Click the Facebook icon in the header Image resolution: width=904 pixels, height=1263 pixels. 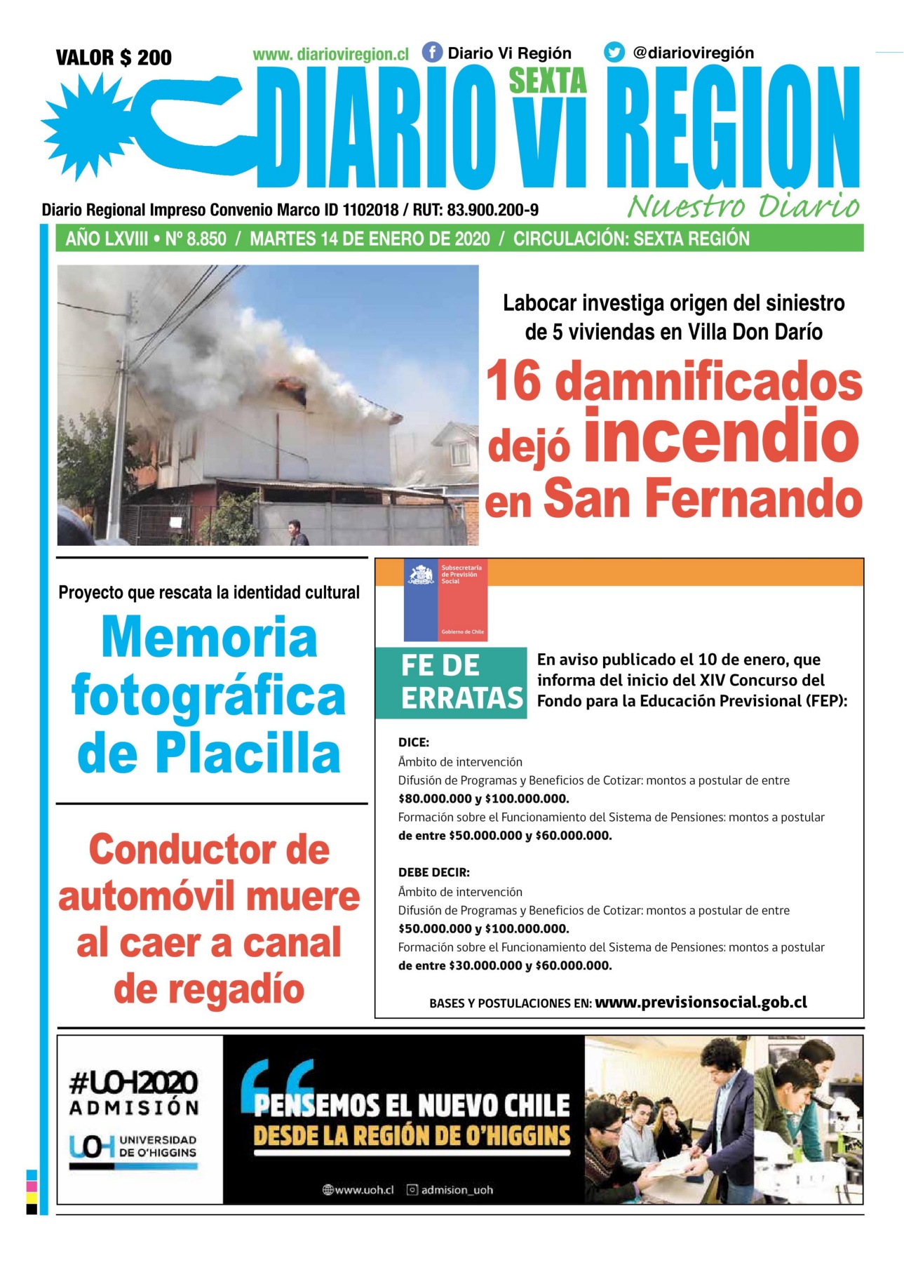tap(432, 53)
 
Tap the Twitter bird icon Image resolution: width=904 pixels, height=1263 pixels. tap(614, 53)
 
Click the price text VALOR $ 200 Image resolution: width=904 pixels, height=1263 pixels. tap(114, 58)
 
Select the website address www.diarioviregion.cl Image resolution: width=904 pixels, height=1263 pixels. tap(330, 55)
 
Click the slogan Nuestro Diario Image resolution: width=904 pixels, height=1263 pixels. tap(743, 206)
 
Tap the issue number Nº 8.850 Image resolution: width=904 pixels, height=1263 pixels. tap(196, 239)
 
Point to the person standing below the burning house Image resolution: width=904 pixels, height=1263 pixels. tap(297, 533)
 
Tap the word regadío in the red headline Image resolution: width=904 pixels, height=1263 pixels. tap(209, 989)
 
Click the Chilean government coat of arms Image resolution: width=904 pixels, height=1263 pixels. tap(421, 576)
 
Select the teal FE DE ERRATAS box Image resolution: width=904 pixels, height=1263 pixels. tap(450, 682)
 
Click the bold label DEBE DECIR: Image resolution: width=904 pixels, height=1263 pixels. tap(434, 873)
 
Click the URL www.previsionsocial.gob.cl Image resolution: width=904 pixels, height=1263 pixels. tap(701, 1002)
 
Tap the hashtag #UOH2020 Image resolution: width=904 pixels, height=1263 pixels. tap(134, 1083)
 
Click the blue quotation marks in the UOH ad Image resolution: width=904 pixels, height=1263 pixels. tap(278, 1081)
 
